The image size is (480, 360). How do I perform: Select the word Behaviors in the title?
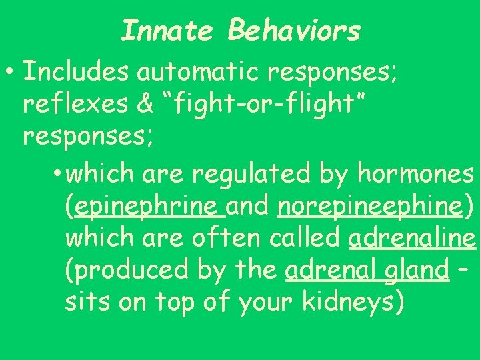coord(294,30)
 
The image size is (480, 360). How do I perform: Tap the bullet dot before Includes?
coord(11,71)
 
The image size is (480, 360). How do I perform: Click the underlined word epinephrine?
coord(150,206)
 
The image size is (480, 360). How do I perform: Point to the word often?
coord(230,238)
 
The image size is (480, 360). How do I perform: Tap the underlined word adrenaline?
coord(412,238)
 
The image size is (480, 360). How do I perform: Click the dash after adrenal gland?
coord(465,270)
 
